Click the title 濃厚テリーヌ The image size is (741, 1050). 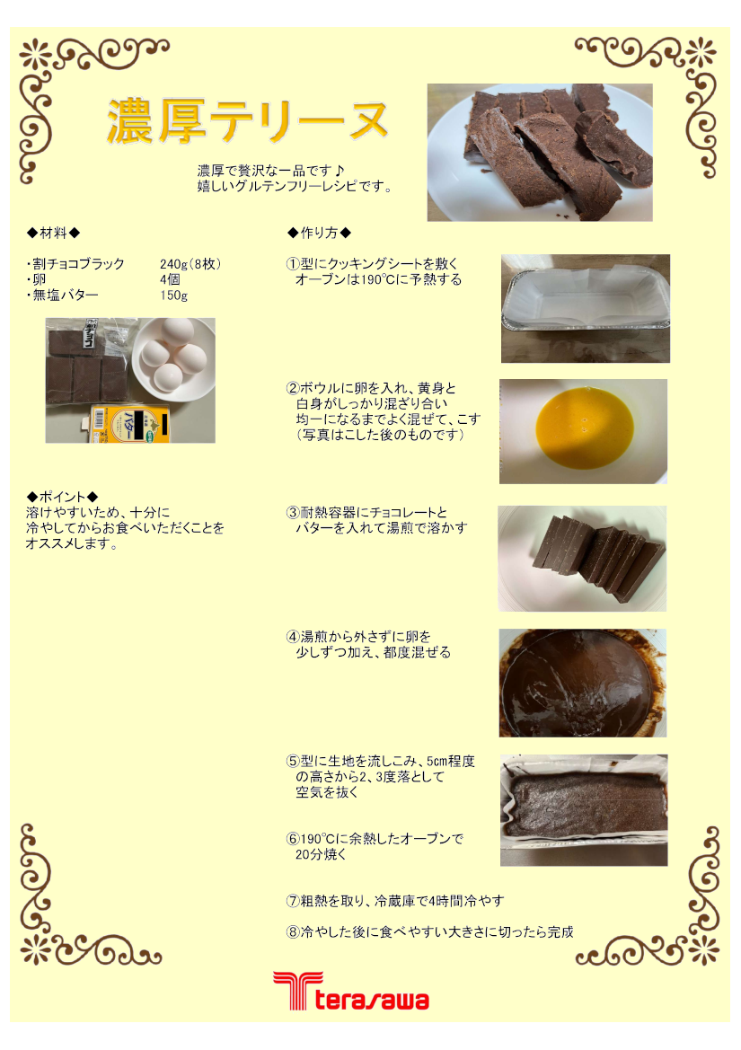click(x=248, y=121)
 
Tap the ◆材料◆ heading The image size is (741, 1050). click(x=54, y=233)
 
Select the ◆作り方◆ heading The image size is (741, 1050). click(x=319, y=233)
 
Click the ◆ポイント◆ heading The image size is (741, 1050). click(x=62, y=497)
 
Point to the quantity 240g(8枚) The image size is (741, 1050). click(x=190, y=264)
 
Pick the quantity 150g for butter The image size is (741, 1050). click(x=173, y=296)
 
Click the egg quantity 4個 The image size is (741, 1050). click(x=170, y=279)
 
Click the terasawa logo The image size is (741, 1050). click(x=351, y=991)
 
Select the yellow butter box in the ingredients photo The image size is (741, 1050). click(x=131, y=424)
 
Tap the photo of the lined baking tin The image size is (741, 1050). click(x=585, y=309)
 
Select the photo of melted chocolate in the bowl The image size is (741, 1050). click(x=582, y=683)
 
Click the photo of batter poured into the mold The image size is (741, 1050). click(x=584, y=810)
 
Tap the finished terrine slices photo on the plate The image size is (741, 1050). click(x=540, y=152)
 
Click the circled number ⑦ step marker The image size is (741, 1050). click(x=293, y=901)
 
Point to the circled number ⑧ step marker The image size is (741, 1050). click(x=293, y=932)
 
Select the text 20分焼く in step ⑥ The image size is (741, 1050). click(x=321, y=854)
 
